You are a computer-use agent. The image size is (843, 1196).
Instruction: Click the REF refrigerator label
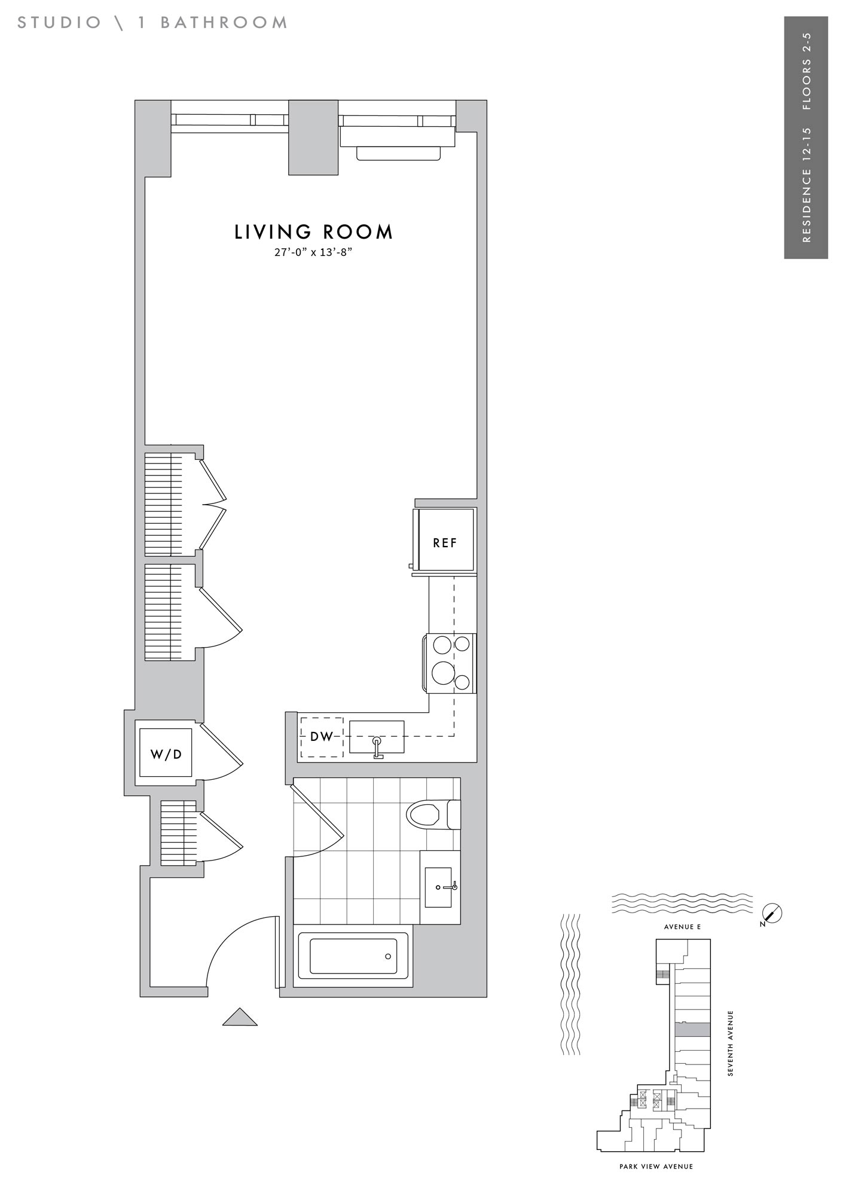tap(445, 543)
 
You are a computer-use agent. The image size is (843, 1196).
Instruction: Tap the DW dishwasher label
tap(322, 737)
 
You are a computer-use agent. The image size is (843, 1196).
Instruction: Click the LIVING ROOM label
tap(314, 232)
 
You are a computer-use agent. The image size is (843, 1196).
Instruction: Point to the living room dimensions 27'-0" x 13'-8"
tap(313, 252)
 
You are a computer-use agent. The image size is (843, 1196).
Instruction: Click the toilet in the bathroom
tap(433, 814)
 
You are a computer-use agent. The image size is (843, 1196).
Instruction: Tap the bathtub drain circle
tap(388, 956)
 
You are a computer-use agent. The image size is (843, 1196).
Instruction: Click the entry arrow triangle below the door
tap(240, 1017)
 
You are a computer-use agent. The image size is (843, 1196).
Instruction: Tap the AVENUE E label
tap(682, 927)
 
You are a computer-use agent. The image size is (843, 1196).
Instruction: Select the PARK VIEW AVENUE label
tap(656, 1166)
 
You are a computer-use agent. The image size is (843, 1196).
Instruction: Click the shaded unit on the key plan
tap(692, 1029)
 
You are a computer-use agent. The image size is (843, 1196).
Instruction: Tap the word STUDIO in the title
tap(60, 23)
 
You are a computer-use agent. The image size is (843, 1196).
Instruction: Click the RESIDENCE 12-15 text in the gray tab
tap(807, 185)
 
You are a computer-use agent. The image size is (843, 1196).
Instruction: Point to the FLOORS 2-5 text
tap(807, 71)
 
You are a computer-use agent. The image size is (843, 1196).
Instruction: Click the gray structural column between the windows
tap(313, 138)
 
